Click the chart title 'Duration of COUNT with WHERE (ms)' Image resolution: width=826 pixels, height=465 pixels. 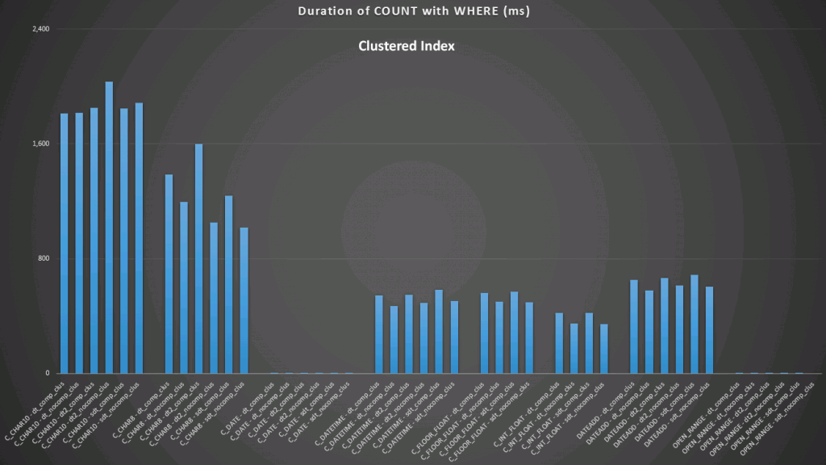[x=412, y=11]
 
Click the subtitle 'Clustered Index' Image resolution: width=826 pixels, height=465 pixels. [x=407, y=46]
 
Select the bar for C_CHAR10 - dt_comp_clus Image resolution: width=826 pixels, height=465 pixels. [x=65, y=243]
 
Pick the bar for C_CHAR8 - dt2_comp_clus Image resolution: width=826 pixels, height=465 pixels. [x=198, y=258]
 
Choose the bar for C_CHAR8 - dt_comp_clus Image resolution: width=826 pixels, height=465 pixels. [x=169, y=274]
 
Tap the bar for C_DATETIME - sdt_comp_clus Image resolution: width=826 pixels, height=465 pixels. [x=439, y=332]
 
